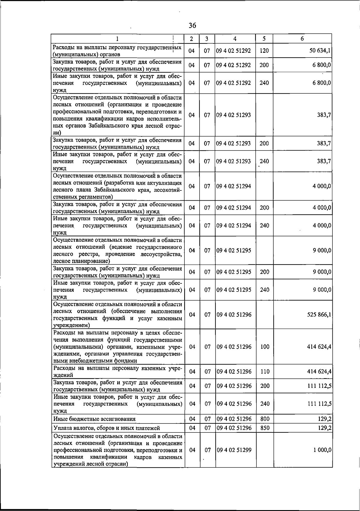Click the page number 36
(192, 25)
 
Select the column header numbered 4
(235, 39)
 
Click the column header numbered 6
(302, 39)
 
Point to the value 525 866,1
(319, 315)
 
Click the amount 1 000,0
(322, 450)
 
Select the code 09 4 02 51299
(234, 450)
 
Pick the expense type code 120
(264, 51)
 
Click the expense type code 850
(265, 428)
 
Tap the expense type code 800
(265, 419)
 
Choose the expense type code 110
(265, 372)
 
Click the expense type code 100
(265, 347)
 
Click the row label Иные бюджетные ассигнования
(94, 419)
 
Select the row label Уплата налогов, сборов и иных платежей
(106, 428)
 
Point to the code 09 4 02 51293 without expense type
(233, 115)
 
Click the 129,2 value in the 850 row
(325, 428)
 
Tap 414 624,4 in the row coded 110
(319, 372)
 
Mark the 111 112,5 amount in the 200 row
(319, 386)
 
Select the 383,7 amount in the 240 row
(324, 161)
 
